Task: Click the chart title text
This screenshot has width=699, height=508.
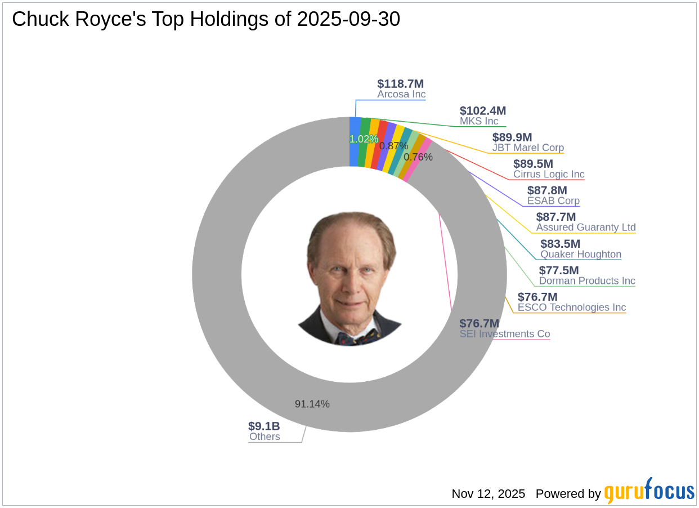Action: point(206,19)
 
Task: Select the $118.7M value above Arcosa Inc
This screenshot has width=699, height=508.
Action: point(401,84)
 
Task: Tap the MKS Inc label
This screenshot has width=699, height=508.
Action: point(479,121)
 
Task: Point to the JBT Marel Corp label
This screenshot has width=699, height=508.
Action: point(528,148)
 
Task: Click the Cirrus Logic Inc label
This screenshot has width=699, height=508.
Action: point(549,175)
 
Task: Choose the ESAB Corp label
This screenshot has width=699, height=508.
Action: point(553,201)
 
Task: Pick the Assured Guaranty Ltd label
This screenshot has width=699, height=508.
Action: point(586,228)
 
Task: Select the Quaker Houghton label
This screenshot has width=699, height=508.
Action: point(581,254)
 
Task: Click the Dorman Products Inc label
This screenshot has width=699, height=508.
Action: point(587,280)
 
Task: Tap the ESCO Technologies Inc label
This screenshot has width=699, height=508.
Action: point(572,308)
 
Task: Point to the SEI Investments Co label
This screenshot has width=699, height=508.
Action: point(505,334)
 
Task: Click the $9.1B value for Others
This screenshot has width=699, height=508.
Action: point(264,426)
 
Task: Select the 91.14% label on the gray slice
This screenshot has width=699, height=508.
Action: point(312,404)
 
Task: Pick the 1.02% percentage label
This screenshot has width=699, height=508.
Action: point(364,139)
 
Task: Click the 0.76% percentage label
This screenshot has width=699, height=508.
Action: point(418,157)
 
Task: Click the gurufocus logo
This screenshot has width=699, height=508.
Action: point(649,492)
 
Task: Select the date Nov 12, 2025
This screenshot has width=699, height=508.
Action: point(488,494)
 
